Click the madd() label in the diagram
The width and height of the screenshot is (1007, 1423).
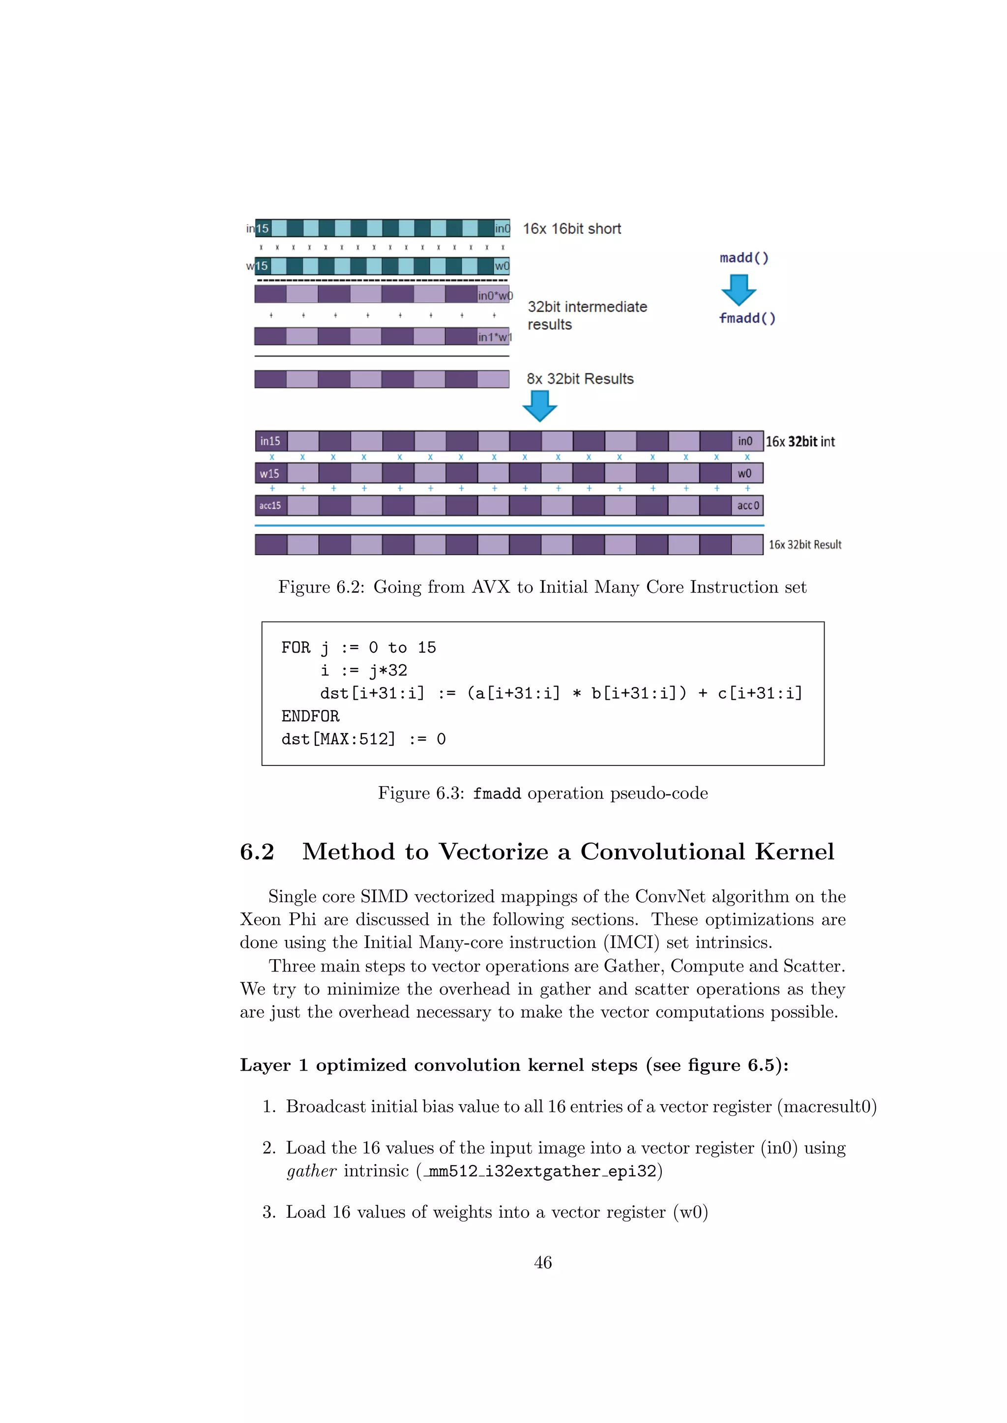point(744,258)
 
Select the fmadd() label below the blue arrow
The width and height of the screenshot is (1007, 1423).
point(747,318)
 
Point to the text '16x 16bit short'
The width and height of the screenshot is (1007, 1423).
point(572,228)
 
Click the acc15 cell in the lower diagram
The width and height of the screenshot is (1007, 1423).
point(270,506)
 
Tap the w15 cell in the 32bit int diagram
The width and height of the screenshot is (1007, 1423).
point(270,474)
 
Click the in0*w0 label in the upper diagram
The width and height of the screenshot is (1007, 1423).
point(495,296)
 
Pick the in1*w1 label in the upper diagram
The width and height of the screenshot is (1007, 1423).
point(494,337)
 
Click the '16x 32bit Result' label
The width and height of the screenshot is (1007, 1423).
point(805,545)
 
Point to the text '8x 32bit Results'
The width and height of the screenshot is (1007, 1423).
point(580,379)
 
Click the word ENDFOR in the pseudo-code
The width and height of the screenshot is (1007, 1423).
point(310,716)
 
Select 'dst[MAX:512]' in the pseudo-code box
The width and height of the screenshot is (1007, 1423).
point(338,740)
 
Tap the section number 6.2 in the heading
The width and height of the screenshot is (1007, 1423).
point(257,852)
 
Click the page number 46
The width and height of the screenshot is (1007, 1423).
point(542,1262)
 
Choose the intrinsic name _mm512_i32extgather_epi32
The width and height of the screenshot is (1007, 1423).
point(539,1171)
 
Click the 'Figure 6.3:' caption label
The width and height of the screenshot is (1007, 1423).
point(421,793)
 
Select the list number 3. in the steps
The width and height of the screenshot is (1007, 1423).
point(268,1212)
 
